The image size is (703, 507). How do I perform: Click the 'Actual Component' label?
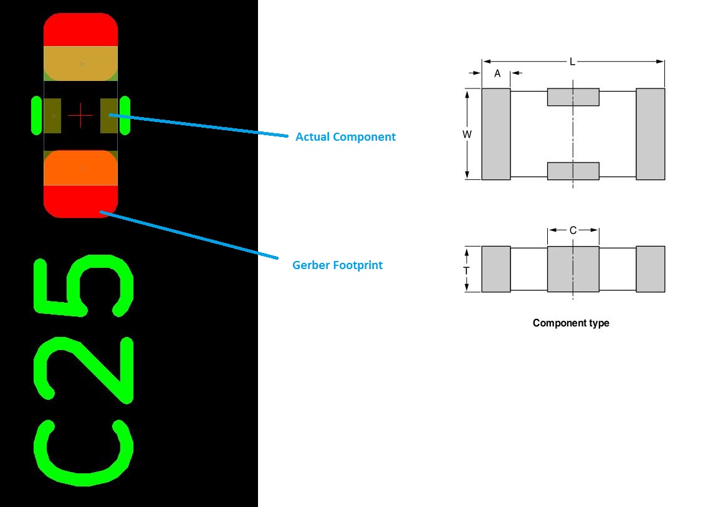coord(345,137)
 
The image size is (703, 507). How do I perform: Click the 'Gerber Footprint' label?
coord(337,265)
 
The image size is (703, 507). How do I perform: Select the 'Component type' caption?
coord(571,323)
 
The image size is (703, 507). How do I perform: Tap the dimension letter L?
coord(572,62)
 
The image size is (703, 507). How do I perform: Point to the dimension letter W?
coord(467,134)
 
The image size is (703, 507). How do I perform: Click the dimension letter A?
coord(497,73)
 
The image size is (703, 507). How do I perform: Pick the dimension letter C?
coord(573,230)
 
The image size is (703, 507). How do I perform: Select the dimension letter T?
coord(466,270)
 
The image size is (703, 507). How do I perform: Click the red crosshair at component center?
coord(80,116)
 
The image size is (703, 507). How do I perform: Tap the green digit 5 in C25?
coord(83,284)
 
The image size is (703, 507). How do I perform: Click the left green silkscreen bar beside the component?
coord(36,115)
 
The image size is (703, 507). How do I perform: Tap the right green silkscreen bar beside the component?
coord(125,115)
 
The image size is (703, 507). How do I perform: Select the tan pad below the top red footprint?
coord(80,64)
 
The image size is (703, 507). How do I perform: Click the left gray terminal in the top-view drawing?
coord(496,134)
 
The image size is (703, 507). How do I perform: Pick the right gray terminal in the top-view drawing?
coord(650,134)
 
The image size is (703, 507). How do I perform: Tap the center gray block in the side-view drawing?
coord(573,269)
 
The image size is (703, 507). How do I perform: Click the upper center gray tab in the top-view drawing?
coord(573,97)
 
